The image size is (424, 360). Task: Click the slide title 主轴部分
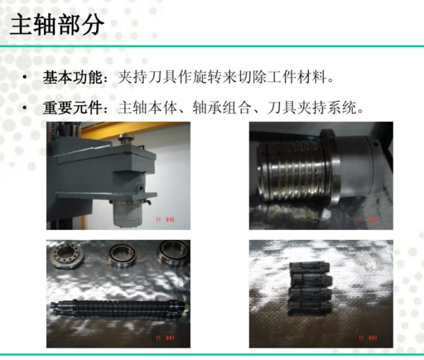[57, 25]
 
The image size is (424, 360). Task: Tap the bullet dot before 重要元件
[26, 109]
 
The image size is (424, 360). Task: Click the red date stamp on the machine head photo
[166, 220]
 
